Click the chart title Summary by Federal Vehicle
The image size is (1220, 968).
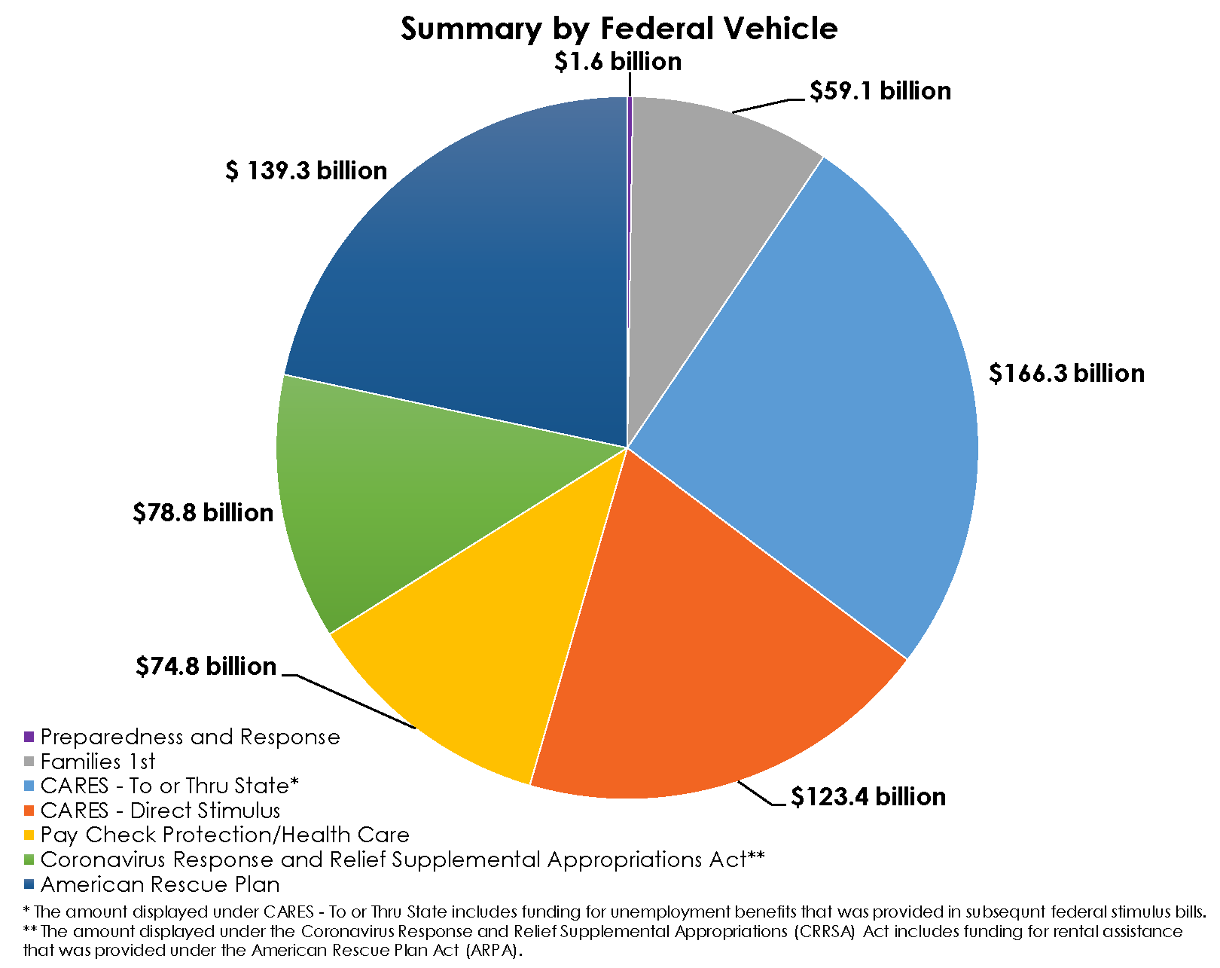pyautogui.click(x=618, y=29)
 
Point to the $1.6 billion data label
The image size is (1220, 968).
pyautogui.click(x=618, y=62)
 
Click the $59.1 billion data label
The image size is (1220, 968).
pyautogui.click(x=880, y=91)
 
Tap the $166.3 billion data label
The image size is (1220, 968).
pyautogui.click(x=1066, y=374)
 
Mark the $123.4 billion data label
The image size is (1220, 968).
pyautogui.click(x=868, y=797)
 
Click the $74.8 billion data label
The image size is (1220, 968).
pyautogui.click(x=206, y=667)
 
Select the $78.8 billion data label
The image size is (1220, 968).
pyautogui.click(x=203, y=513)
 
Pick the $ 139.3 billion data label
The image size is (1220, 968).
pyautogui.click(x=306, y=171)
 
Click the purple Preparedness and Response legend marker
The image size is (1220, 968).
pyautogui.click(x=29, y=736)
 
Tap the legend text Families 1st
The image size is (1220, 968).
pyautogui.click(x=98, y=762)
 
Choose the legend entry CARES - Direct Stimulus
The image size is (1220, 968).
pyautogui.click(x=160, y=811)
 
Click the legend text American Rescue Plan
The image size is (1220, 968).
pyautogui.click(x=160, y=884)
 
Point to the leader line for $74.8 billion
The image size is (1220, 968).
pyautogui.click(x=354, y=701)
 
